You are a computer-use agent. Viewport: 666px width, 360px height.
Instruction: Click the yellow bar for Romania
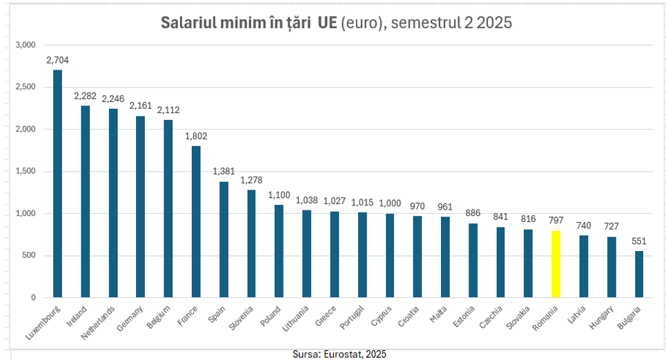pyautogui.click(x=556, y=264)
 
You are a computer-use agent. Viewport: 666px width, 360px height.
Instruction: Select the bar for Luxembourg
pyautogui.click(x=57, y=183)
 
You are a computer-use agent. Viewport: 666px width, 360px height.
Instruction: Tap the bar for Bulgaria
pyautogui.click(x=639, y=274)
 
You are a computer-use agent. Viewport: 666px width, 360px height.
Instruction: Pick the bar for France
pyautogui.click(x=196, y=221)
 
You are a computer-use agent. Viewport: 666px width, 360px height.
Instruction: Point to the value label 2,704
pyautogui.click(x=57, y=60)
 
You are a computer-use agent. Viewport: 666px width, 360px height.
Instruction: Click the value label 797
pyautogui.click(x=556, y=221)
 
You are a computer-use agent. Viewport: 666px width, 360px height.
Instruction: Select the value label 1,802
pyautogui.click(x=196, y=136)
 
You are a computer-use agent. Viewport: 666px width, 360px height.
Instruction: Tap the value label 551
pyautogui.click(x=639, y=241)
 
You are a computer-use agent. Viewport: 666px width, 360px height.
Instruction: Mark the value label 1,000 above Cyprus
pyautogui.click(x=390, y=203)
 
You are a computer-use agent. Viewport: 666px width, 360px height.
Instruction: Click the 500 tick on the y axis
pyautogui.click(x=28, y=256)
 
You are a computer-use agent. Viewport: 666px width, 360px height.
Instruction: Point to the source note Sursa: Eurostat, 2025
pyautogui.click(x=340, y=353)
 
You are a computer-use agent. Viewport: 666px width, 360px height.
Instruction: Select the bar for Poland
pyautogui.click(x=279, y=251)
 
